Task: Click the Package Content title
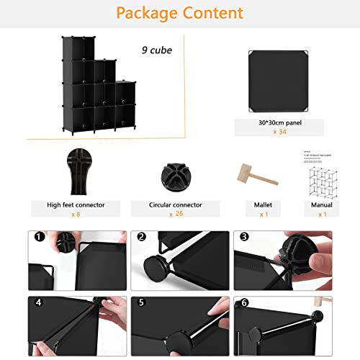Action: click(x=179, y=13)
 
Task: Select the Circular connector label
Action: click(x=175, y=204)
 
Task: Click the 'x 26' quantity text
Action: click(x=175, y=215)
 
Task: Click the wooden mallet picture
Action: click(x=245, y=174)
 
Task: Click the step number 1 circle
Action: click(x=37, y=237)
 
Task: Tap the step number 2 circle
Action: click(x=142, y=237)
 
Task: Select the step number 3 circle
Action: click(x=245, y=237)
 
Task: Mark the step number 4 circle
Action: click(x=37, y=302)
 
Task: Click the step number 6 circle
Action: click(x=245, y=302)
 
